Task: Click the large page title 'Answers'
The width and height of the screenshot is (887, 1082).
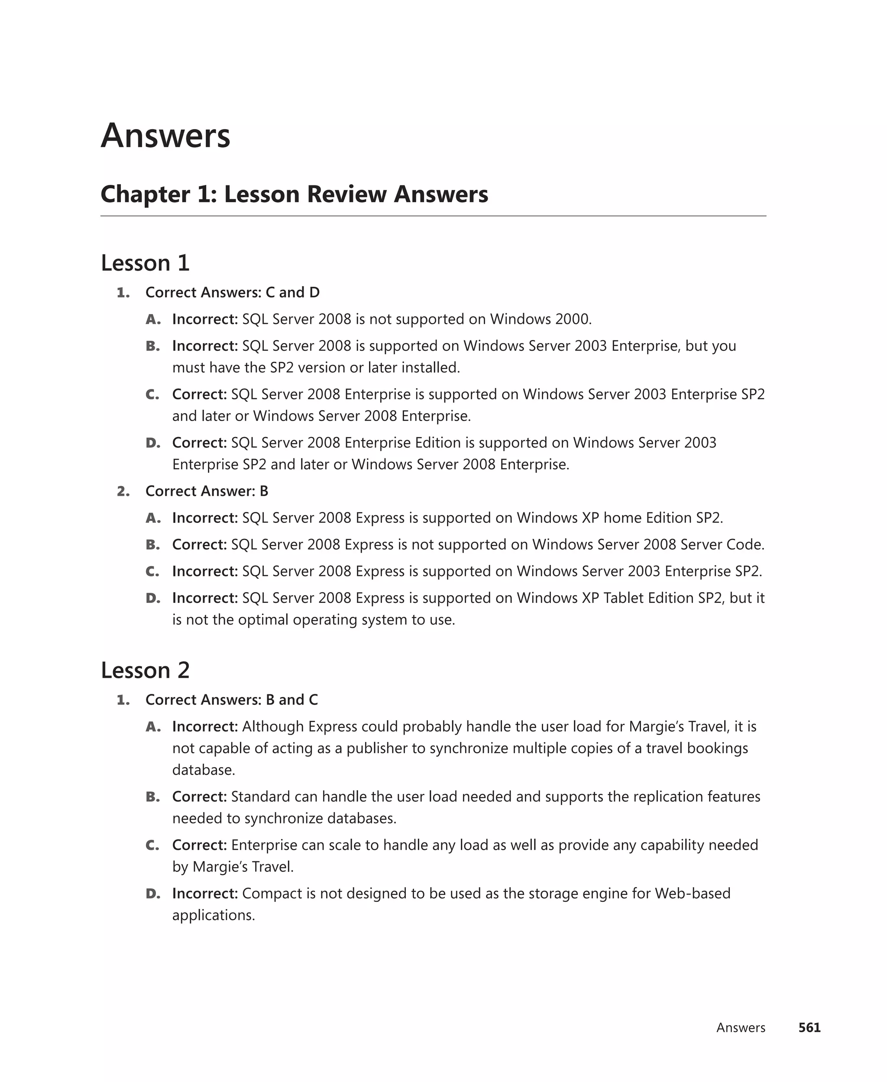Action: click(x=165, y=136)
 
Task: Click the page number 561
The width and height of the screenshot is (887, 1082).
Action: click(x=809, y=1027)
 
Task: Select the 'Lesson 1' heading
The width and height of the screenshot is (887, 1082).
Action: click(x=145, y=263)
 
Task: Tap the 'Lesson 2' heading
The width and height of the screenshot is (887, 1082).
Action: click(x=145, y=670)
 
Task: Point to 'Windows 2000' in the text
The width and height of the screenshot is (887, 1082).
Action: click(x=540, y=319)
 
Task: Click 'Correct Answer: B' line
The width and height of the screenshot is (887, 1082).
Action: click(x=207, y=492)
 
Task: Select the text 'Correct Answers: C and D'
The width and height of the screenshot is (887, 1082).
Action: click(x=233, y=293)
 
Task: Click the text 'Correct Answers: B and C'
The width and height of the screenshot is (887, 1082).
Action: click(x=231, y=700)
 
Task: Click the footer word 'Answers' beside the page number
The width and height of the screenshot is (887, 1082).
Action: click(x=740, y=1028)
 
